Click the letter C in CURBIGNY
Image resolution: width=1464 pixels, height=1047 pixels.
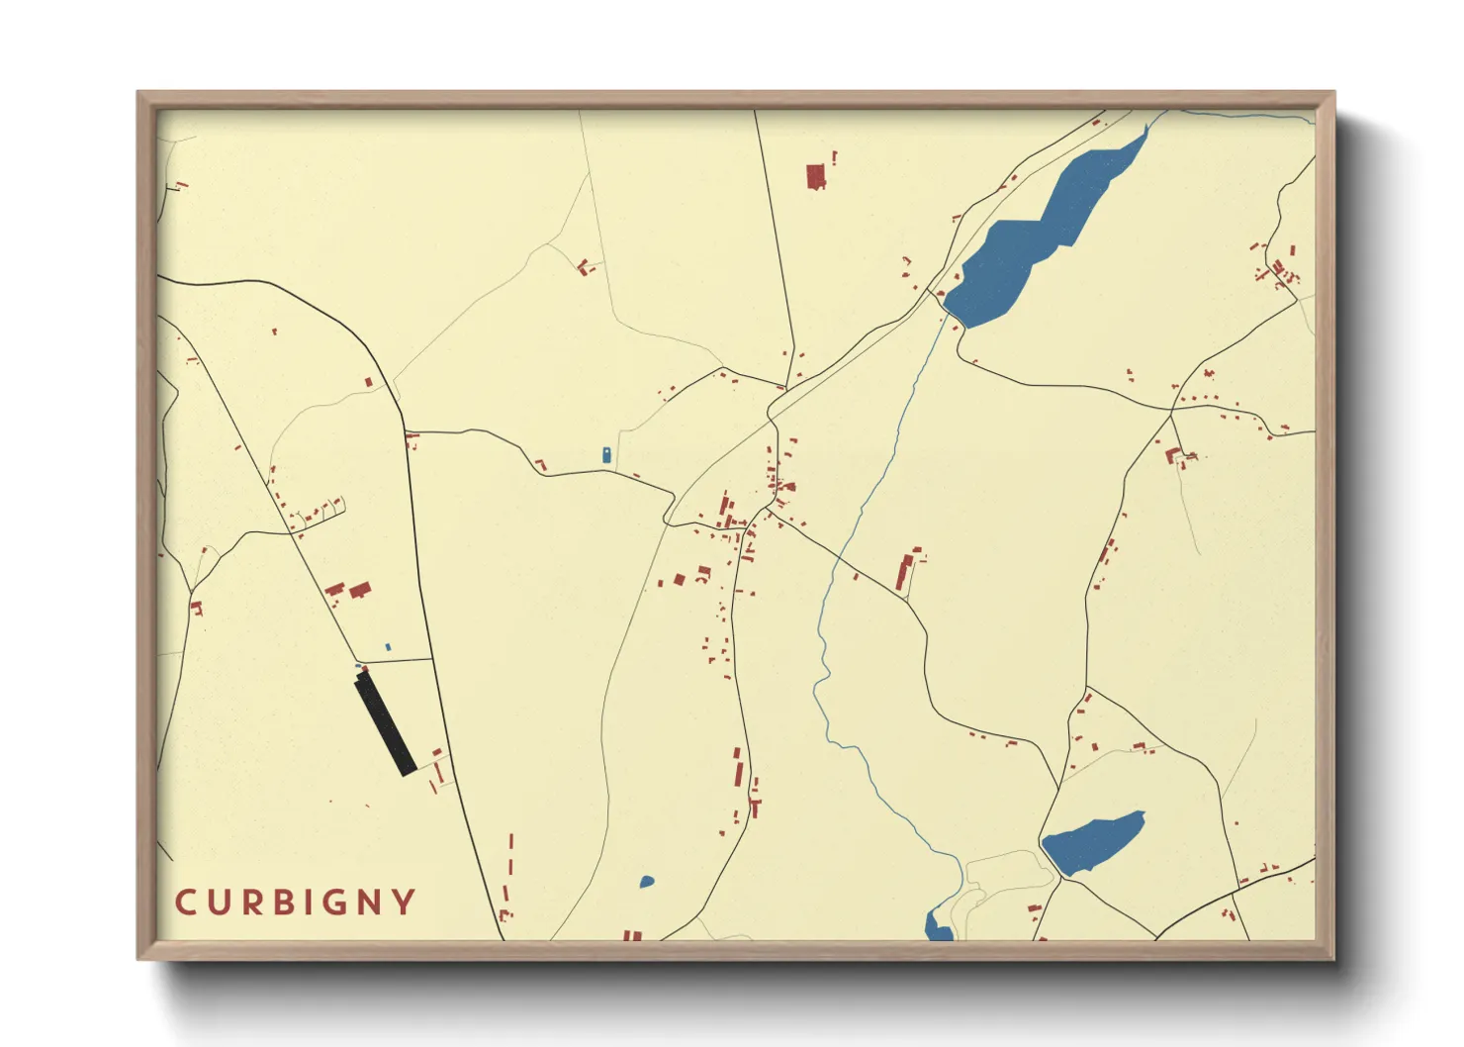[x=185, y=903]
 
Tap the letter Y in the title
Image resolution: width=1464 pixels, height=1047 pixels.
[x=404, y=903]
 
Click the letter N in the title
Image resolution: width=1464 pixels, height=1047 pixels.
[x=368, y=903]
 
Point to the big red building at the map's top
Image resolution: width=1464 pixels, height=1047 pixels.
[x=815, y=177]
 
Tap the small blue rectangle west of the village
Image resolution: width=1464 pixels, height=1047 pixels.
[x=606, y=455]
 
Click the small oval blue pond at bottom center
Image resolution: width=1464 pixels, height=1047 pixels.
[x=646, y=882]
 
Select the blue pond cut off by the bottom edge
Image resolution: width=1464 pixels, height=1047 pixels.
[x=936, y=928]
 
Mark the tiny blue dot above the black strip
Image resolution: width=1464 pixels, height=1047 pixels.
[x=388, y=647]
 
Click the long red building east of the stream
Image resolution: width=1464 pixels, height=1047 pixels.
[x=904, y=572]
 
